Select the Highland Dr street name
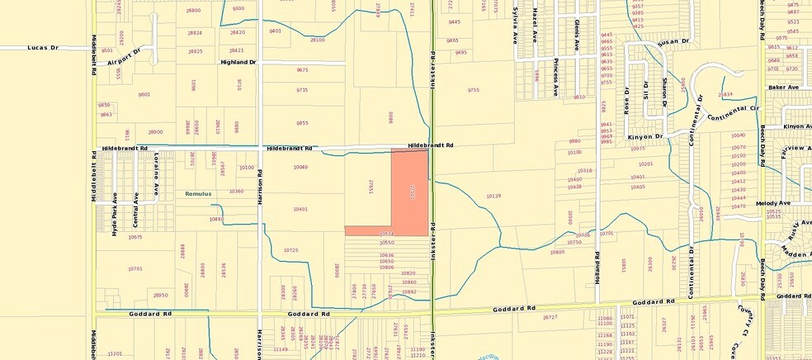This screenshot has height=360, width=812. [x=238, y=62]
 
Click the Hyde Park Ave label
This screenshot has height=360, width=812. [x=115, y=214]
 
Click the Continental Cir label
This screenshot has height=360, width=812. [x=733, y=108]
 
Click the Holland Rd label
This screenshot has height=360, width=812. [x=596, y=264]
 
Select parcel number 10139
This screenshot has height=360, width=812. [x=494, y=196]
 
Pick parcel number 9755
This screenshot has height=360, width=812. [x=473, y=90]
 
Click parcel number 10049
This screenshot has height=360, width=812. [x=300, y=167]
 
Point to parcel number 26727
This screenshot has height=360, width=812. [x=550, y=317]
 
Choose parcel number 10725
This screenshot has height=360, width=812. [x=290, y=249]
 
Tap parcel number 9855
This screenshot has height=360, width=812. [x=302, y=123]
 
